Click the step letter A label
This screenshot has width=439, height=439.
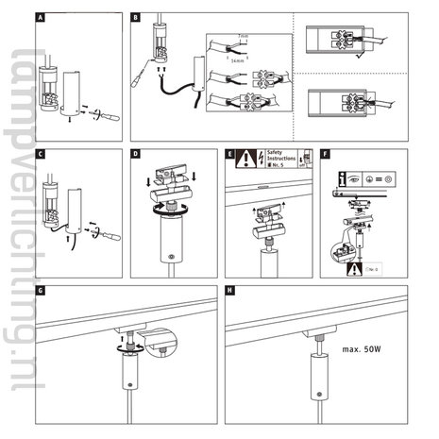pos(40,18)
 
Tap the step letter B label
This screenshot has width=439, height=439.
pos(136,18)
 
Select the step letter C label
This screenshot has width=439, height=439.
pos(40,152)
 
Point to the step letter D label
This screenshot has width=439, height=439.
pos(136,152)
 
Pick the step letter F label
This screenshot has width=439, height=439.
pos(326,152)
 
